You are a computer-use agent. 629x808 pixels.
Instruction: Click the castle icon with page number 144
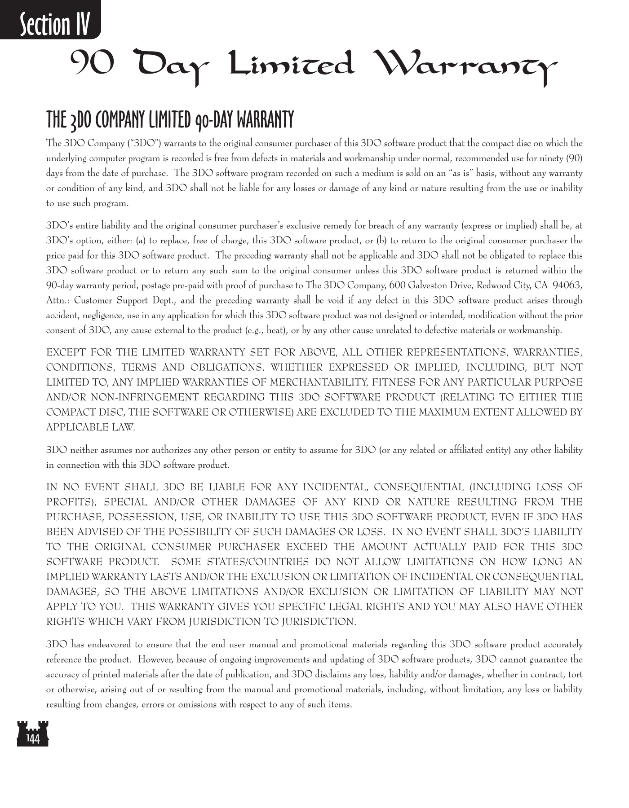tap(32, 733)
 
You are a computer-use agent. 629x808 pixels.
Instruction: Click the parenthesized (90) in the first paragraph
tap(574, 158)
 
